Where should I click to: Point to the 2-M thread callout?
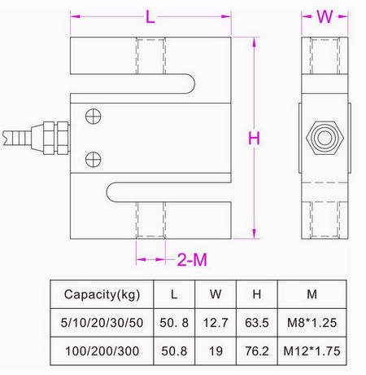tap(192, 260)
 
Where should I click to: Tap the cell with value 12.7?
tap(216, 323)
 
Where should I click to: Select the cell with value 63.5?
tap(256, 323)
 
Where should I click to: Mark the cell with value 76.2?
tap(256, 352)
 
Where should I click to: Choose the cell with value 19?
tap(216, 352)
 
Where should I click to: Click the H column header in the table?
tap(256, 293)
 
